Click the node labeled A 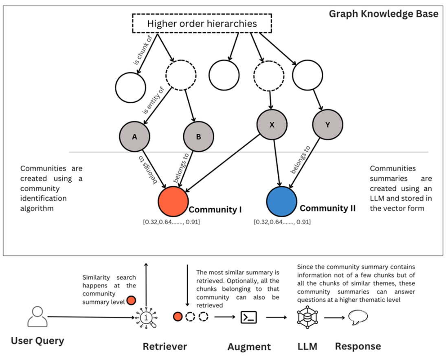[134, 137]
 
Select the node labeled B [199, 137]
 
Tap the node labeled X [272, 125]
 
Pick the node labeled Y [327, 125]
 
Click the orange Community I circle [173, 202]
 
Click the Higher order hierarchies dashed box [202, 24]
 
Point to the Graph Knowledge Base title [383, 14]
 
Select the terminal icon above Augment [248, 317]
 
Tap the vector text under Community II [282, 222]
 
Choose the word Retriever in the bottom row [165, 347]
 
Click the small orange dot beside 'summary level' [131, 301]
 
